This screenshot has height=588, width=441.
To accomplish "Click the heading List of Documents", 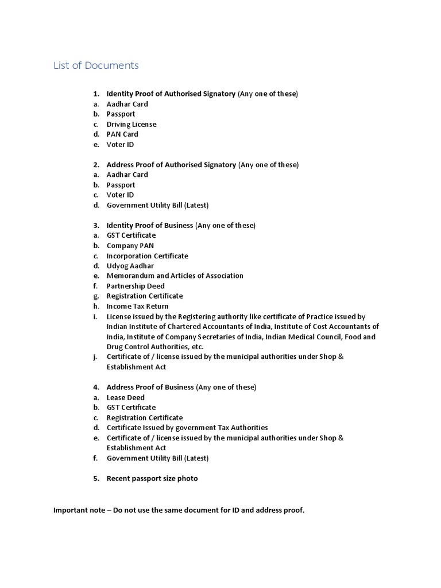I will click(x=96, y=65).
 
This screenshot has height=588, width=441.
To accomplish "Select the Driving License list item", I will click(x=131, y=124).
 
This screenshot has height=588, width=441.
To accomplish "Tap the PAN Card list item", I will click(x=122, y=134).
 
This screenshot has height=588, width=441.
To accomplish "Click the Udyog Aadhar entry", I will click(x=130, y=266).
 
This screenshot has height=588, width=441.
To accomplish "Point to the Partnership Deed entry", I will click(x=136, y=286).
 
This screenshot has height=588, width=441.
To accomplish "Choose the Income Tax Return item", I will click(x=138, y=306).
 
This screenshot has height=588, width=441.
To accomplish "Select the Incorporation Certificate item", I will click(x=148, y=256).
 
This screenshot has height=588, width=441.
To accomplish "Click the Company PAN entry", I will click(x=130, y=246).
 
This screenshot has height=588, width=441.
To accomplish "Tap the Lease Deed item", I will click(x=126, y=397).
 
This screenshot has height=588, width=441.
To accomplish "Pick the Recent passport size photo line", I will click(x=152, y=478).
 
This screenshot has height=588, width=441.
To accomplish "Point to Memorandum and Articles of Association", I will click(x=175, y=276).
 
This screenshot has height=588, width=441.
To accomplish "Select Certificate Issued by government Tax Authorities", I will click(x=187, y=428).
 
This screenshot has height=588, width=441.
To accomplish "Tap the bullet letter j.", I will click(x=95, y=357).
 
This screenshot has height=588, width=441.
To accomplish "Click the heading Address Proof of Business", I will click(x=150, y=387).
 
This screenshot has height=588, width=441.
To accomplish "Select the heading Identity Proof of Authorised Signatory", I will click(x=171, y=94).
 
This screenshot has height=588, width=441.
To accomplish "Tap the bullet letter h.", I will click(x=96, y=306).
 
